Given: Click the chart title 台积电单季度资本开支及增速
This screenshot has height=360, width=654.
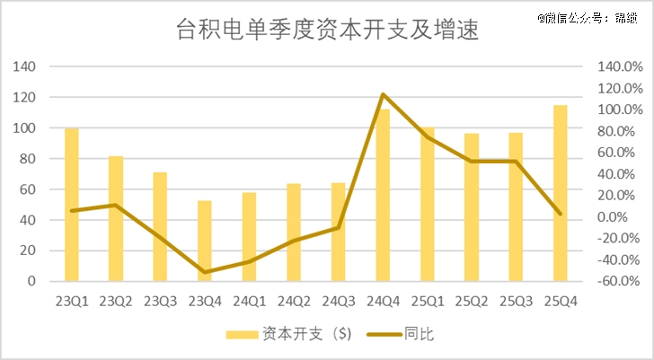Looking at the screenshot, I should click(326, 32).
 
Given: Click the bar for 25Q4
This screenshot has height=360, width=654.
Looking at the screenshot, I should click(560, 193).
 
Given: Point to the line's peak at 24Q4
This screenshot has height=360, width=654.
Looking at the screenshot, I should click(383, 94).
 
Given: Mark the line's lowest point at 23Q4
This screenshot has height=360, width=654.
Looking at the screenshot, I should click(205, 271).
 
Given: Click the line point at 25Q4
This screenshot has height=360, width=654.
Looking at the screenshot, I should click(560, 214).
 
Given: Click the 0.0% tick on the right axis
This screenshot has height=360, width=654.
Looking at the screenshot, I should click(616, 217).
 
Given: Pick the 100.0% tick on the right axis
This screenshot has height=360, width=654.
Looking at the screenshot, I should click(616, 110).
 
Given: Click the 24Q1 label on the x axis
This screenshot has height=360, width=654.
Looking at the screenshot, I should click(249, 300).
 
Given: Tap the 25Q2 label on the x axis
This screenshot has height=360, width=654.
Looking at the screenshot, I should click(471, 300).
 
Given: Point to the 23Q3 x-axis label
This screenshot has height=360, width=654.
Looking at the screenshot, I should click(160, 300).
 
